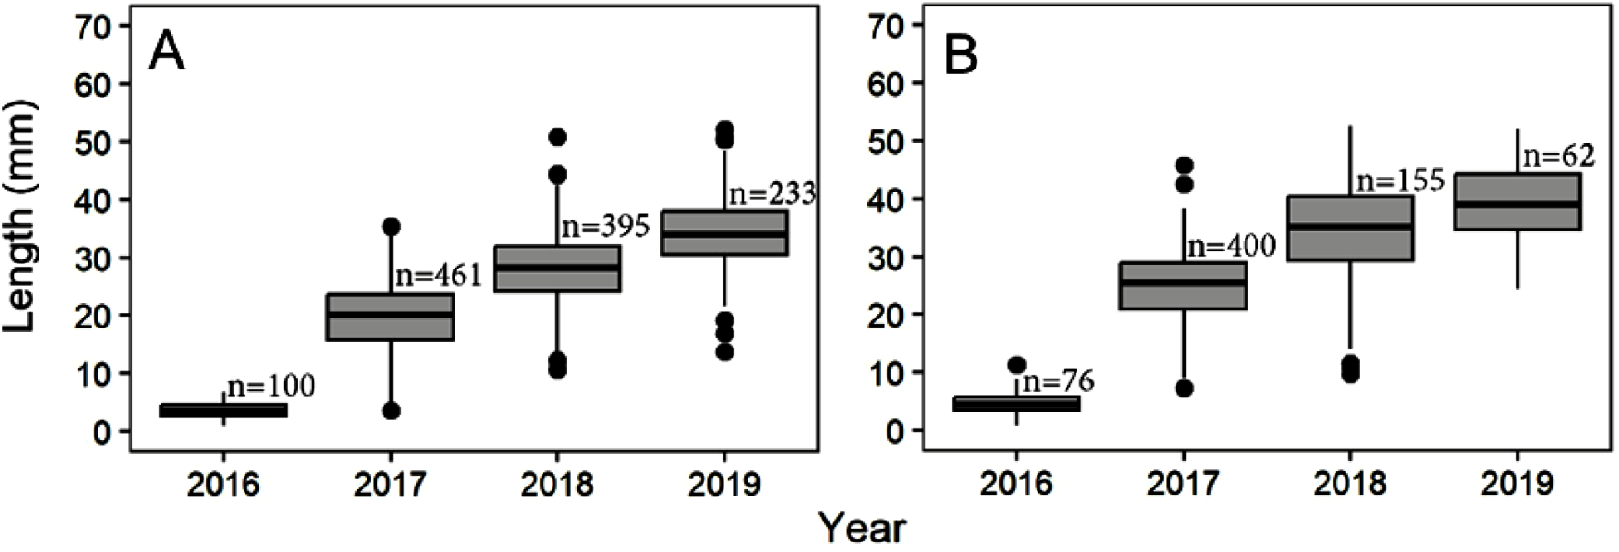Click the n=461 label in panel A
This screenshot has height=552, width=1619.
coord(438,275)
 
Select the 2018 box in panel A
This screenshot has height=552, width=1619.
coord(557,269)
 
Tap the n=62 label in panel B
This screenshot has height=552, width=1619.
coord(1558,156)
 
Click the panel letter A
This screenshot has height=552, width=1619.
coord(166,53)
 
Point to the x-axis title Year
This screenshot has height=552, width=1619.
coord(863,529)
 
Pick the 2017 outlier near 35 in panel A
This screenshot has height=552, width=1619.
coord(391,226)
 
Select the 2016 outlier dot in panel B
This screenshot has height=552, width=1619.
coord(1016,365)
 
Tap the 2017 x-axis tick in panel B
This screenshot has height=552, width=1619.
coord(1183,484)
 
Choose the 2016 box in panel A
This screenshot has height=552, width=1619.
coord(224,410)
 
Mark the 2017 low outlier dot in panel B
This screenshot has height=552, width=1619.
coord(1184,388)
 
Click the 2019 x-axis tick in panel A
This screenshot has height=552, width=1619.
coord(724,486)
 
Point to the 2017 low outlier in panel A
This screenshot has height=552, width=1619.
coord(391,411)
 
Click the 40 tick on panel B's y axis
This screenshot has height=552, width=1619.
coord(886,200)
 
